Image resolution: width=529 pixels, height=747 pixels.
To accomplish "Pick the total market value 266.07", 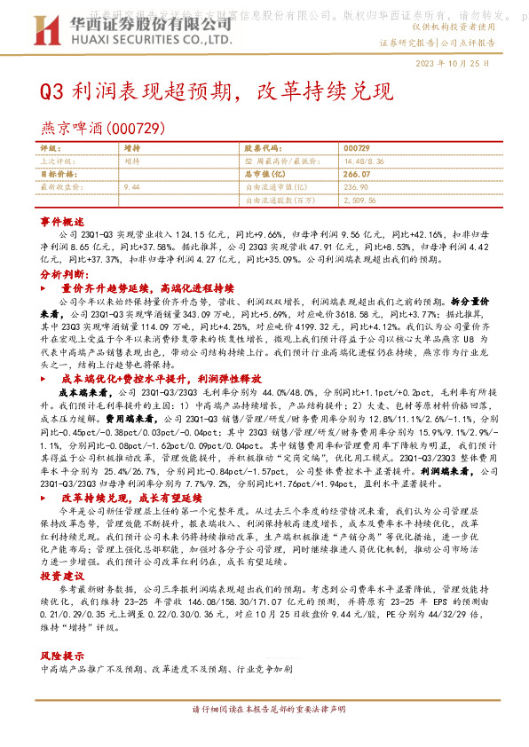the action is point(356,175).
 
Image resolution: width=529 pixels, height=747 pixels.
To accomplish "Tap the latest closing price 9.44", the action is point(133,188).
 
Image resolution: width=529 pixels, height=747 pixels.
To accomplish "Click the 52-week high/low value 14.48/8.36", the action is point(364,161).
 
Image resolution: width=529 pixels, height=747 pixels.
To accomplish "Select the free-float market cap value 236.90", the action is point(355,188).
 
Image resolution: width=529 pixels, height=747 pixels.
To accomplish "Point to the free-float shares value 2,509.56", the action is point(361,201).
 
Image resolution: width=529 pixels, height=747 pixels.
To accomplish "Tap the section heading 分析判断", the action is point(62,276).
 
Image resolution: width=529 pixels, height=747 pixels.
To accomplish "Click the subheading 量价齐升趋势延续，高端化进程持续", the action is point(147,289).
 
